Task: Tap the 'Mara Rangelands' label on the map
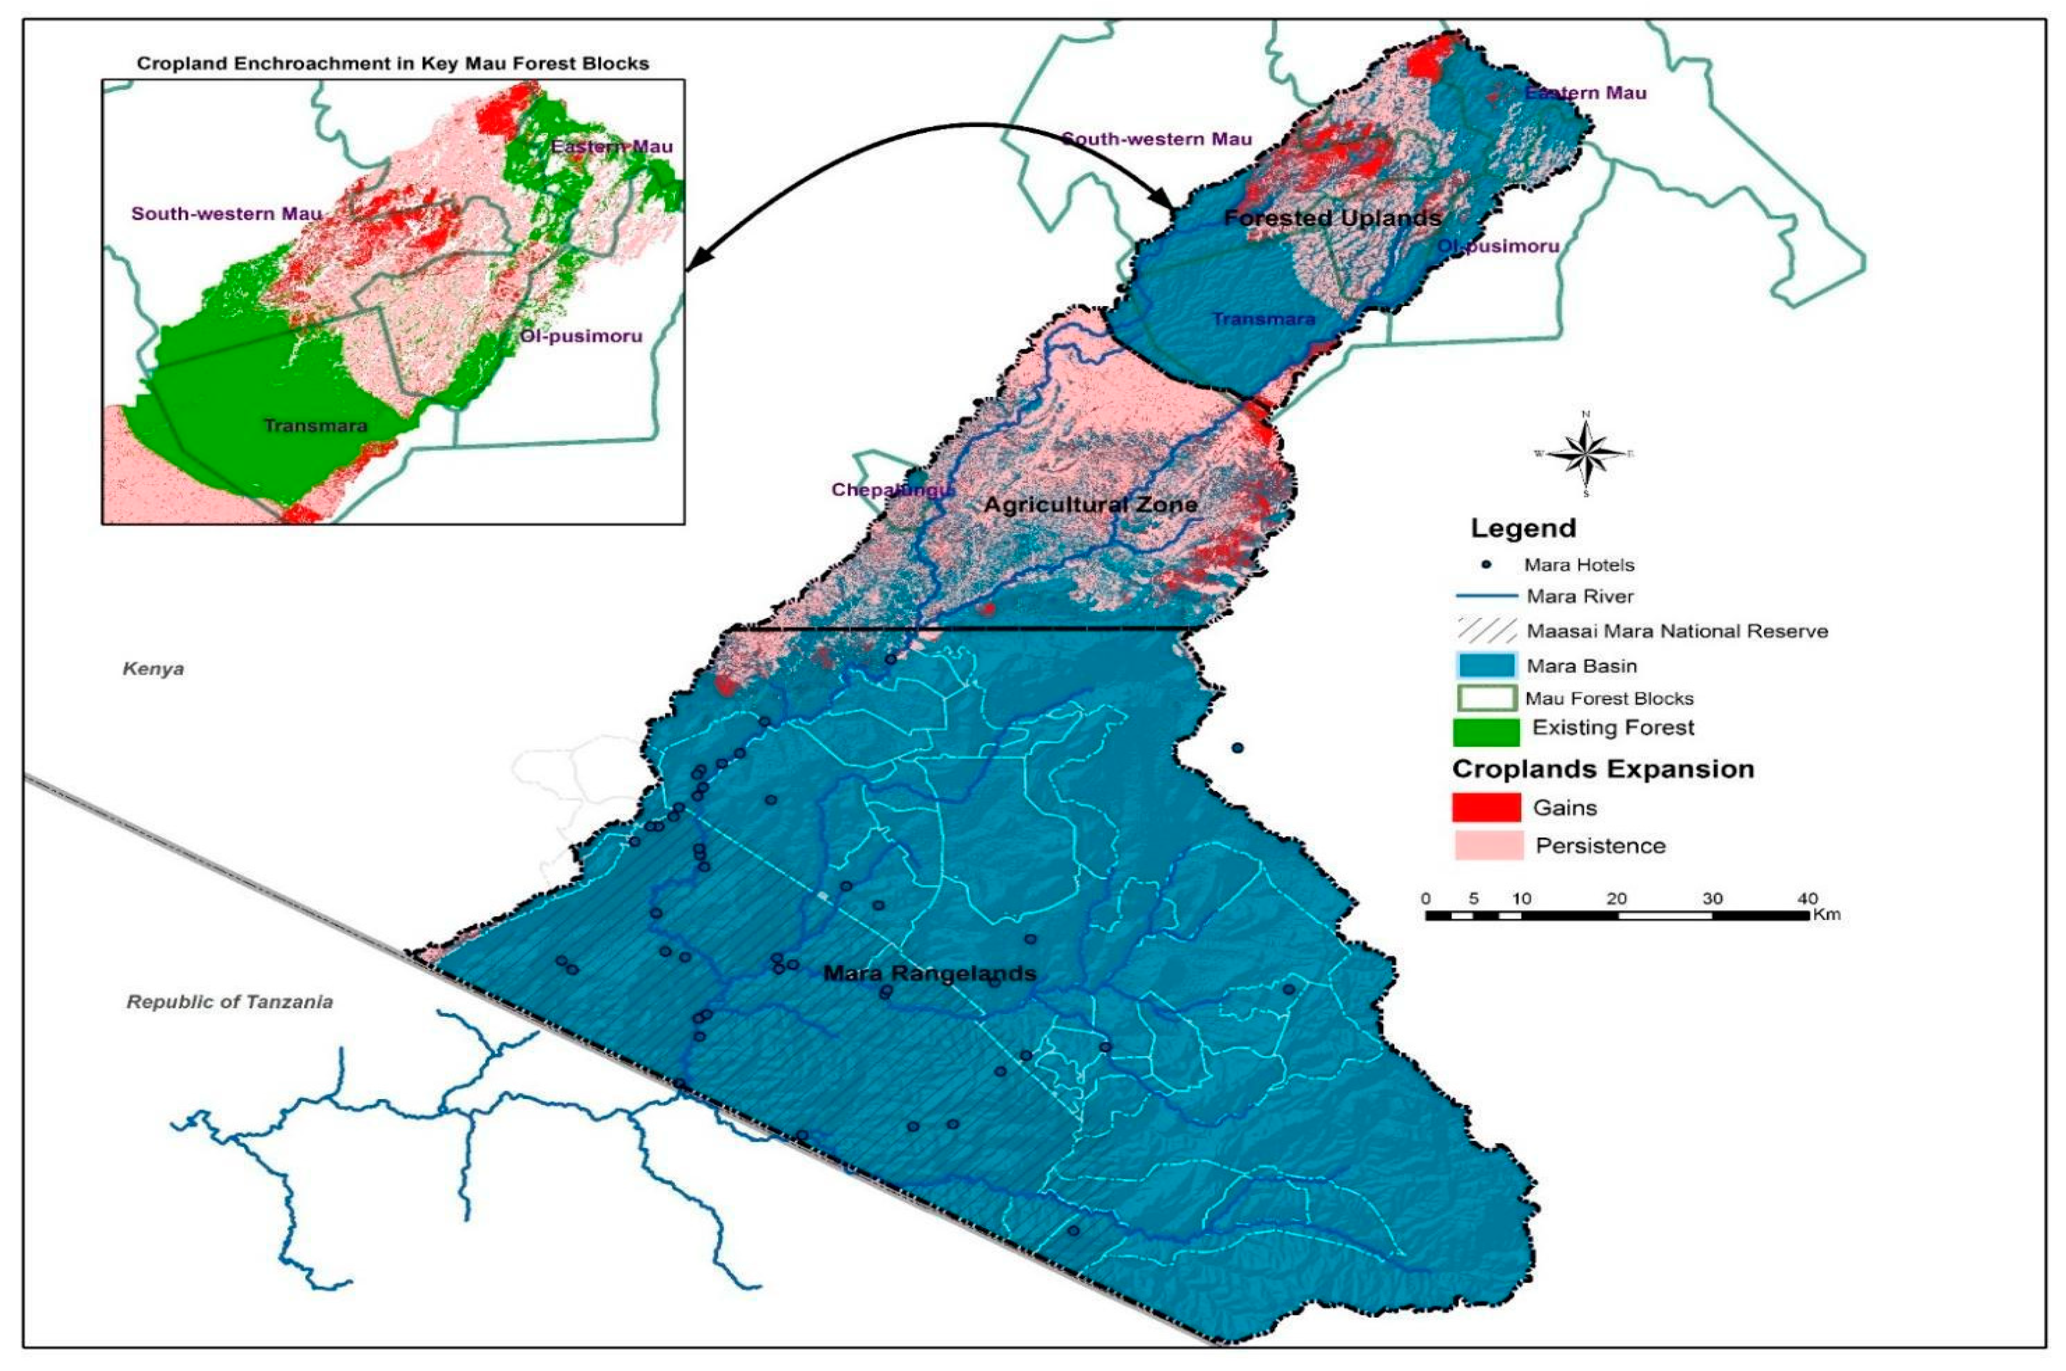(930, 973)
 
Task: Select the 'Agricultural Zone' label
(1090, 504)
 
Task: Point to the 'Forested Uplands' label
(1332, 218)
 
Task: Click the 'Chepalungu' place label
(889, 490)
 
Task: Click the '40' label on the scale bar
(1806, 899)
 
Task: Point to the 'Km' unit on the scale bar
(1826, 916)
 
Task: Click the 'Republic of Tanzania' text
(230, 1002)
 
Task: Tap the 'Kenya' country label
(153, 669)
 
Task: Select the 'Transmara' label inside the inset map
(315, 426)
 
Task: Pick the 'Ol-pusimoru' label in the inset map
(581, 336)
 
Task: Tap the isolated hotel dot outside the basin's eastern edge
(1237, 747)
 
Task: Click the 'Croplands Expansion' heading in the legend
(1603, 769)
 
